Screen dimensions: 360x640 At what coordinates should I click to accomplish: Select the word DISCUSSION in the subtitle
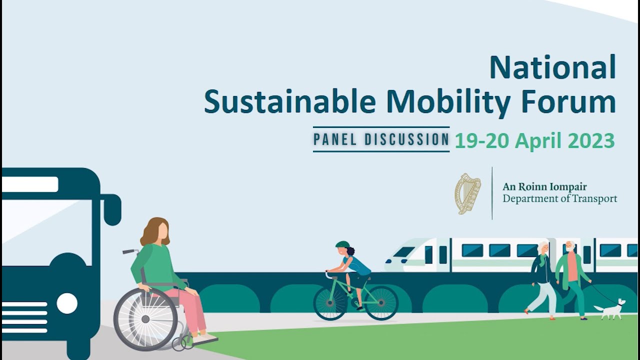coord(407,140)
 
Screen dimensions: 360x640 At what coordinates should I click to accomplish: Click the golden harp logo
coord(467,193)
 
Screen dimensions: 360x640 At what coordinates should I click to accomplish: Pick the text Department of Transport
coord(559,198)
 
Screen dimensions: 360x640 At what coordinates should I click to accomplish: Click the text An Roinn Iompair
coord(544,187)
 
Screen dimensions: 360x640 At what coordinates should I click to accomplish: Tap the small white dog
coord(610,309)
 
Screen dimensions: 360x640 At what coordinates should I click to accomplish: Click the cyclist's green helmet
coord(342,244)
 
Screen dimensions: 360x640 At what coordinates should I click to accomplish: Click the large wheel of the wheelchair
coord(145,319)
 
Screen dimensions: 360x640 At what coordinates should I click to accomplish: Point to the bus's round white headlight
coord(67,303)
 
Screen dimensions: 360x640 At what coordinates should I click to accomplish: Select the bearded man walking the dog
coord(572,278)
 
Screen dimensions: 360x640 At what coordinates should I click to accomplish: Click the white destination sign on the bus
coord(30,184)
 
